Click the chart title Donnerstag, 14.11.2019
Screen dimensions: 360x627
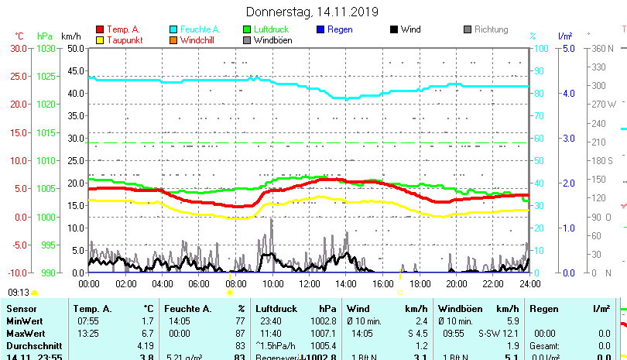312,12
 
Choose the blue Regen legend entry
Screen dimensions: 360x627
339,30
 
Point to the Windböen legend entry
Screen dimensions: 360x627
272,40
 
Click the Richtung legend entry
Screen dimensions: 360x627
491,30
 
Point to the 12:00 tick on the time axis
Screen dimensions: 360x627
309,283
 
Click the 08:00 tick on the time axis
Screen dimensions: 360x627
236,283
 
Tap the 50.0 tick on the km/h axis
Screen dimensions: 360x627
76,49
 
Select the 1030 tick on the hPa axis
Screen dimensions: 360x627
46,49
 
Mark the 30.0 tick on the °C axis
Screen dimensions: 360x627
19,49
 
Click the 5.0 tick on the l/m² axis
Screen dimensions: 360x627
566,49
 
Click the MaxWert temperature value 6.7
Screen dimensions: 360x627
148,333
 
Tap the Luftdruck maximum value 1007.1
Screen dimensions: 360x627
327,333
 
